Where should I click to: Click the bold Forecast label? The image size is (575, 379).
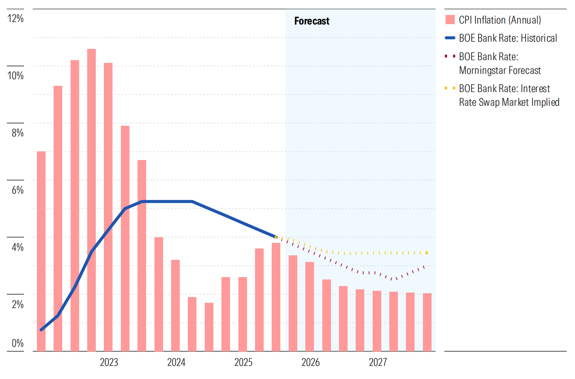click(x=312, y=21)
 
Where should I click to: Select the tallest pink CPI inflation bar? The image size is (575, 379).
click(x=91, y=200)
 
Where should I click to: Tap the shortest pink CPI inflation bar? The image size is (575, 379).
click(x=209, y=327)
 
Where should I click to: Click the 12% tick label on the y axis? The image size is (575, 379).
click(x=15, y=18)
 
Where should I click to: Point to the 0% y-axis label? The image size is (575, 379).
click(x=18, y=343)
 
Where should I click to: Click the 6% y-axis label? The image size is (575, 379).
click(x=18, y=190)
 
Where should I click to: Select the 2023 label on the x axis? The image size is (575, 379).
click(x=109, y=362)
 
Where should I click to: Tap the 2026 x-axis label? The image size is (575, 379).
click(x=310, y=362)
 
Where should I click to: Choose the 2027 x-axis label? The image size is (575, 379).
click(x=378, y=362)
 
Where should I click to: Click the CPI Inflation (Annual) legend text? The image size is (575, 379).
click(x=500, y=20)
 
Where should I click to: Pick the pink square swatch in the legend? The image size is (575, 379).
click(x=450, y=20)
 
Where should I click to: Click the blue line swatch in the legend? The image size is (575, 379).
click(x=450, y=38)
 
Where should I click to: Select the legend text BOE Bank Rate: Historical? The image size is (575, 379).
click(x=508, y=38)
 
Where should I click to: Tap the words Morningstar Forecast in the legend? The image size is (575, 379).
click(x=500, y=70)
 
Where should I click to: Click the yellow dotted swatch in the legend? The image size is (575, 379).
click(x=450, y=88)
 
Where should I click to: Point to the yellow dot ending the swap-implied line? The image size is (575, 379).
click(x=427, y=253)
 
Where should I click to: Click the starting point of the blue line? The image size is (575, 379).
click(x=41, y=330)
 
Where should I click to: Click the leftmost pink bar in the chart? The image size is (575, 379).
click(x=41, y=251)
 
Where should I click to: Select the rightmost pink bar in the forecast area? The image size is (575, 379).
click(x=427, y=322)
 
